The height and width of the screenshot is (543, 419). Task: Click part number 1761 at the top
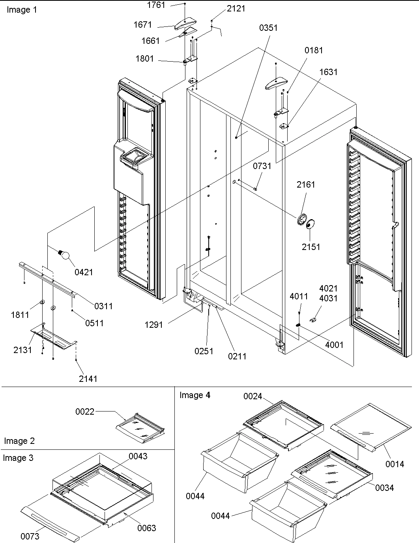click(156, 5)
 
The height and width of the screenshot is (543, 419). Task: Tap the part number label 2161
click(306, 184)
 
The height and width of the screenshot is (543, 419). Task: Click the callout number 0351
click(268, 28)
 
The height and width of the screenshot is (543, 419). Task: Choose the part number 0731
click(262, 166)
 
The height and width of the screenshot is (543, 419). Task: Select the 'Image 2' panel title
click(19, 441)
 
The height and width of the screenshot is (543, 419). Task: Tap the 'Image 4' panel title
click(195, 395)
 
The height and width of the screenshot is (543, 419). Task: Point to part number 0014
click(395, 464)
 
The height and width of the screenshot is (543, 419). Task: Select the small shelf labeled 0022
click(140, 428)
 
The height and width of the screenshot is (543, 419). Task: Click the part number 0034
click(384, 488)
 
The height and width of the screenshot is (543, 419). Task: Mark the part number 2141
click(88, 379)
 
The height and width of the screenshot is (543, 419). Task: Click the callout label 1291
click(154, 325)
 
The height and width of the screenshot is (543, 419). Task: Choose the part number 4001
click(334, 345)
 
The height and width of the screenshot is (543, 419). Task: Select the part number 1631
click(328, 72)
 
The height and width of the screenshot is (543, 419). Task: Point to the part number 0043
click(138, 456)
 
